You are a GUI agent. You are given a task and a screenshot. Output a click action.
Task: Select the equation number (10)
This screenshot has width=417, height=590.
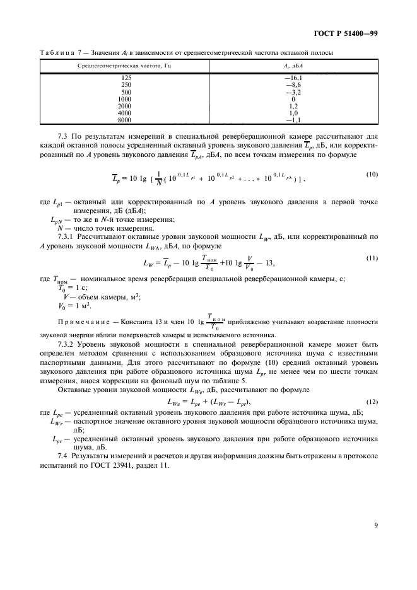372,174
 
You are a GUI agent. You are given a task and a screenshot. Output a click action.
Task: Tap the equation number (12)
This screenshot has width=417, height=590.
372,401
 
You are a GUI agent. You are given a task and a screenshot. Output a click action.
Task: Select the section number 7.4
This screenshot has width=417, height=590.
62,455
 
